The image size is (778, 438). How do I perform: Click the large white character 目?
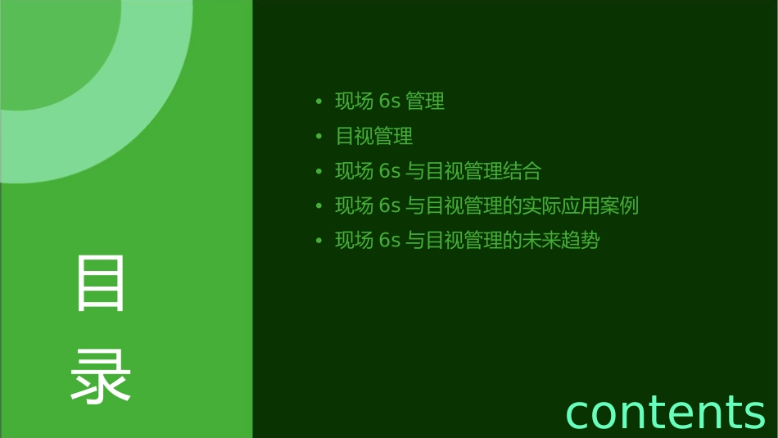pos(101,283)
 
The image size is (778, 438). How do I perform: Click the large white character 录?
pos(101,377)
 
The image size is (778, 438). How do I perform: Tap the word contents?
pos(665,412)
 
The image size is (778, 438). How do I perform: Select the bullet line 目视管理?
pos(374,137)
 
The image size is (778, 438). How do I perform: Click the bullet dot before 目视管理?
pos(319,137)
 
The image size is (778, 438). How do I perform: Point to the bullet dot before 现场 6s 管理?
pos(319,102)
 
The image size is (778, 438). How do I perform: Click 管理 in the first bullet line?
pos(425,102)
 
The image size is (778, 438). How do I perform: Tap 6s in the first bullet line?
pos(389,102)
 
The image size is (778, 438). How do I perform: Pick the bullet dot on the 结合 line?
pos(319,172)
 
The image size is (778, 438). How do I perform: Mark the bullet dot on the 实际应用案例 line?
pos(319,206)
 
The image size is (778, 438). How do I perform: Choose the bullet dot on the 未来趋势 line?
pos(319,242)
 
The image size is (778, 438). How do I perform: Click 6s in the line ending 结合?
pos(389,171)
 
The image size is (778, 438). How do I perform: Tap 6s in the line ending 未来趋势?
pos(389,241)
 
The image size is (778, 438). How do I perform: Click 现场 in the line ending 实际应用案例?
pos(354,205)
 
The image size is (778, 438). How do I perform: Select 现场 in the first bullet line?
pos(354,102)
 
